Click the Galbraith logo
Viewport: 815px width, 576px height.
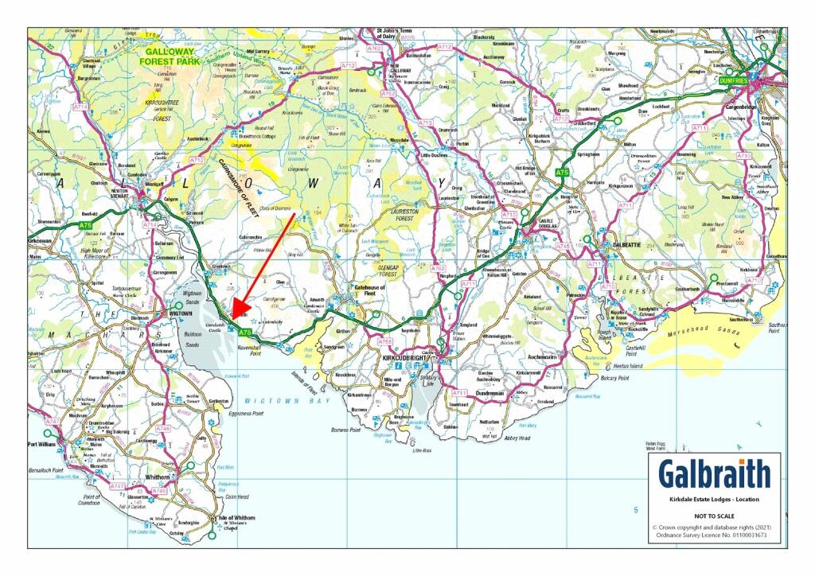[714, 474]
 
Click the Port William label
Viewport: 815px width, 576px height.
[45, 445]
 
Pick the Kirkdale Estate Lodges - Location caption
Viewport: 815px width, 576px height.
[714, 499]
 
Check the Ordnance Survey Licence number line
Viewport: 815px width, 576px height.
[714, 535]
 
